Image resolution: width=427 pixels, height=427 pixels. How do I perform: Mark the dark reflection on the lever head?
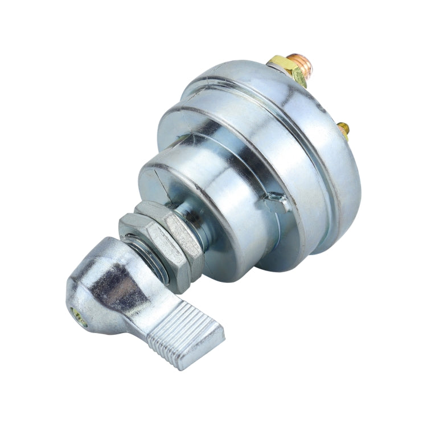pyautogui.click(x=117, y=285)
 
